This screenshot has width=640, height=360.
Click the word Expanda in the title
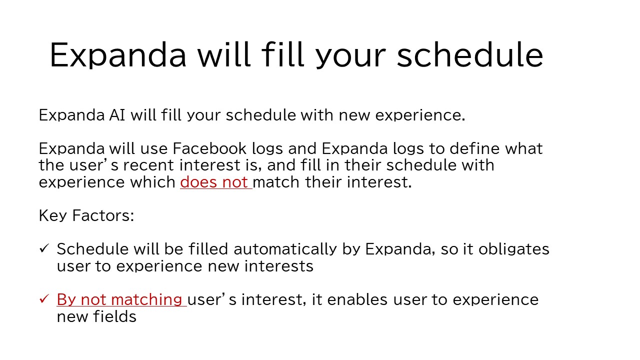click(118, 55)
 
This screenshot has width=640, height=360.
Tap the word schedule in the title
click(470, 54)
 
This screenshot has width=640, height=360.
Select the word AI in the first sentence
click(117, 115)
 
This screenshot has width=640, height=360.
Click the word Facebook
click(209, 148)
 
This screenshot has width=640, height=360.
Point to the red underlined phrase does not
click(216, 182)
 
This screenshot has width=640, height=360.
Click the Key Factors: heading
click(86, 215)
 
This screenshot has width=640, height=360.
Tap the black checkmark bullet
click(44, 248)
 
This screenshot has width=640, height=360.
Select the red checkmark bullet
click(44, 299)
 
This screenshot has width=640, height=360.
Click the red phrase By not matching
click(121, 299)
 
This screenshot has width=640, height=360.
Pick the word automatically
click(285, 249)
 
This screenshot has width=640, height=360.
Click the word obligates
click(513, 249)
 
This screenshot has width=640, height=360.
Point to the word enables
click(357, 299)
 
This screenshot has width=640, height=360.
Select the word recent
click(148, 165)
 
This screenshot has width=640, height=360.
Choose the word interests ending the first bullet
click(279, 266)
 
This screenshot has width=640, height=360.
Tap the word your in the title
click(351, 57)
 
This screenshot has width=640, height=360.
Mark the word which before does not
click(153, 182)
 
